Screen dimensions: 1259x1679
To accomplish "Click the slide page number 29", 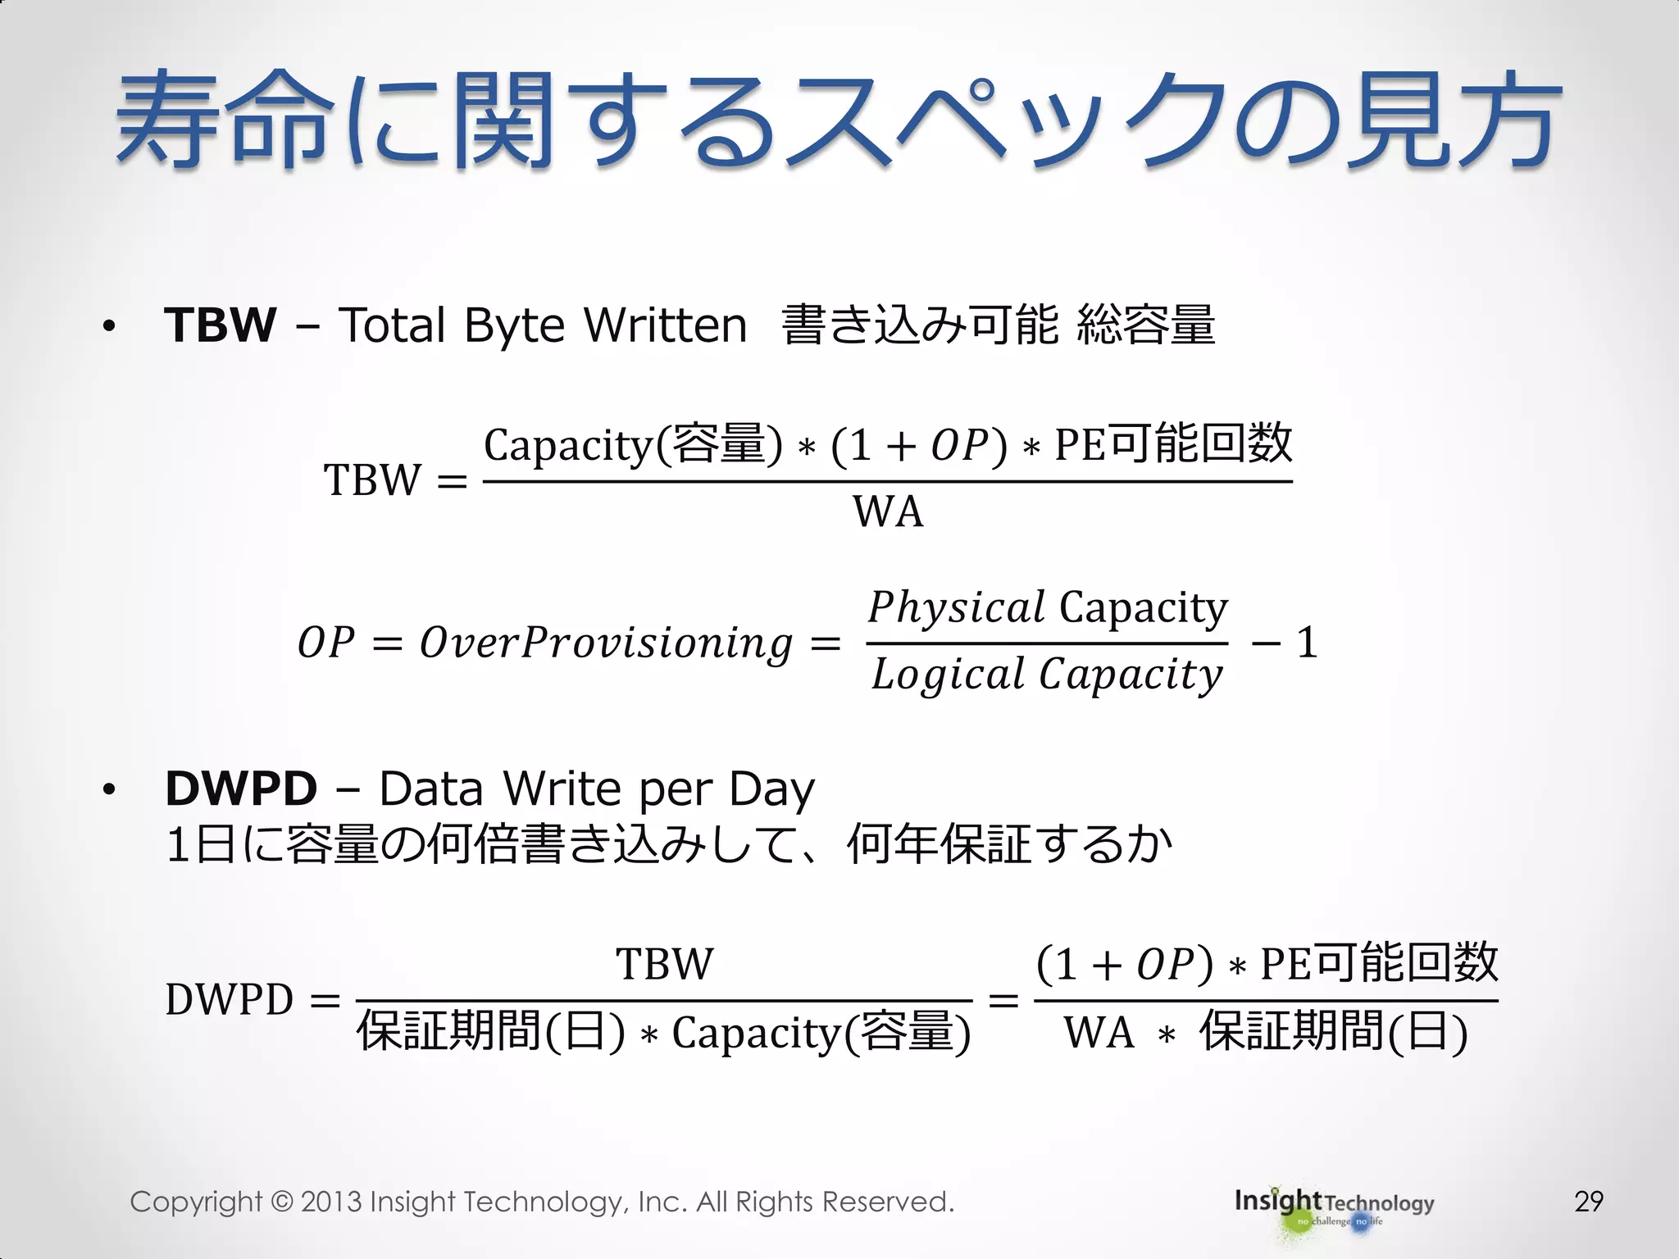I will pyautogui.click(x=1588, y=1202).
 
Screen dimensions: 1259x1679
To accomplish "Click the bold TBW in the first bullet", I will pyautogui.click(x=220, y=325).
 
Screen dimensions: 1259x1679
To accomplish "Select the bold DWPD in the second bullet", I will pyautogui.click(x=241, y=789).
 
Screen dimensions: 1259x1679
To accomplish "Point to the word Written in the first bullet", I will pyautogui.click(x=665, y=325).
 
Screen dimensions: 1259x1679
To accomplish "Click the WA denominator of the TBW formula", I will pyautogui.click(x=888, y=512).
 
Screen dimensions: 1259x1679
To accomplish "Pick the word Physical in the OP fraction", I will pyautogui.click(x=956, y=608).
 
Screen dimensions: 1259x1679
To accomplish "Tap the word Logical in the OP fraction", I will pyautogui.click(x=948, y=675).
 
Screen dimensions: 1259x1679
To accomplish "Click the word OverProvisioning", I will pyautogui.click(x=606, y=643).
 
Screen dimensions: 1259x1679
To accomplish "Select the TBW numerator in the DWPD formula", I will pyautogui.click(x=664, y=964).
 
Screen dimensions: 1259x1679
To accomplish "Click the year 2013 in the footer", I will pyautogui.click(x=330, y=1202).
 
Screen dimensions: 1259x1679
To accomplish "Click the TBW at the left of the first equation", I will pyautogui.click(x=372, y=480).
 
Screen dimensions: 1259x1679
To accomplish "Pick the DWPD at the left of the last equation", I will pyautogui.click(x=229, y=1000).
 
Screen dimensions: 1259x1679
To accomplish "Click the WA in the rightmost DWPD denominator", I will pyautogui.click(x=1099, y=1033).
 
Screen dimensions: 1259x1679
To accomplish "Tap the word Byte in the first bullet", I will pyautogui.click(x=514, y=326).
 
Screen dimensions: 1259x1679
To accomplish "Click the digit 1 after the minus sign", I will pyautogui.click(x=1307, y=643).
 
